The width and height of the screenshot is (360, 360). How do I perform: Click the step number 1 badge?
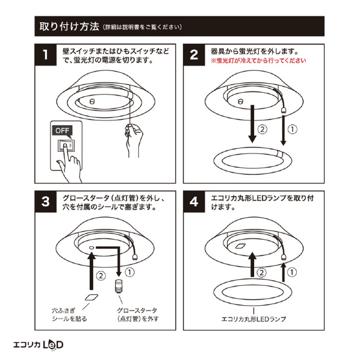click(x=46, y=55)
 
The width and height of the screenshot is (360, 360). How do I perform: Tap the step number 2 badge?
click(x=194, y=55)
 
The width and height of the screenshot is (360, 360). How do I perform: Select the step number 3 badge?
click(x=46, y=202)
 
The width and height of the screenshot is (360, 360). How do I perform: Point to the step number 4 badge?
click(x=194, y=202)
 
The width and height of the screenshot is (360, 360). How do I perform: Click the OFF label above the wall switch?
click(x=62, y=131)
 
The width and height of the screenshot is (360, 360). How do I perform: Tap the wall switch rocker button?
click(x=66, y=146)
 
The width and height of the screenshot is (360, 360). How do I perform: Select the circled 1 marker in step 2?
click(x=292, y=129)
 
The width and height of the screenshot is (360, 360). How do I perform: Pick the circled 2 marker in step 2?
click(x=262, y=129)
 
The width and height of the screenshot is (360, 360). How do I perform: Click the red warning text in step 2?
click(x=258, y=61)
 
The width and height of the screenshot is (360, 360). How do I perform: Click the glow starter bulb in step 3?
click(x=119, y=287)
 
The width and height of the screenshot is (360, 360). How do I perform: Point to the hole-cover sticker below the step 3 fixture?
click(x=92, y=297)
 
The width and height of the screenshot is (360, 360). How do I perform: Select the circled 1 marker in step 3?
click(x=129, y=272)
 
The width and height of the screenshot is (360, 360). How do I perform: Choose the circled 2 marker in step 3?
click(x=101, y=276)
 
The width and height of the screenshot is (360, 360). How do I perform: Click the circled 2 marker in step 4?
click(x=261, y=273)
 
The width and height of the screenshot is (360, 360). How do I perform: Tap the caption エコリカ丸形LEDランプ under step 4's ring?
click(x=253, y=319)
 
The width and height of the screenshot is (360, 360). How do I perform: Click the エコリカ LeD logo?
click(x=38, y=345)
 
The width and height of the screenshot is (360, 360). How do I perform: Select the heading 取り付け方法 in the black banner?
click(x=69, y=26)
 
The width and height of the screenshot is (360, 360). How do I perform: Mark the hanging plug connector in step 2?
click(x=284, y=110)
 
